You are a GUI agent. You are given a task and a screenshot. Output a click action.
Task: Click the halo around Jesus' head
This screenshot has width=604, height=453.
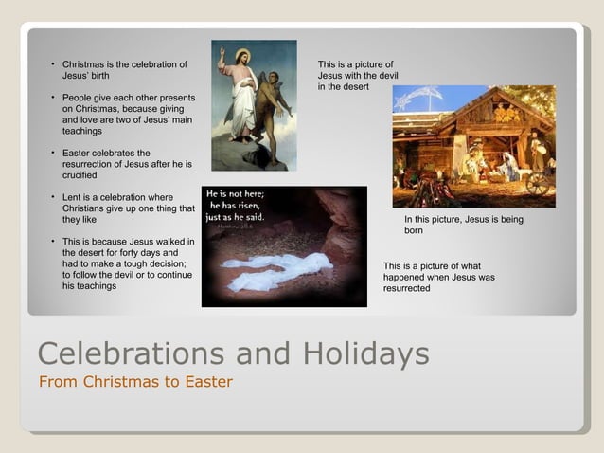coord(242,55)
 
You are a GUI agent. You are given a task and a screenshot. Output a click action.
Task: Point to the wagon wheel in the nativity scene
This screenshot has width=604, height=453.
coord(537,184)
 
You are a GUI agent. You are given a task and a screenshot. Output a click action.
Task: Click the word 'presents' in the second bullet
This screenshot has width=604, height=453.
coord(177,98)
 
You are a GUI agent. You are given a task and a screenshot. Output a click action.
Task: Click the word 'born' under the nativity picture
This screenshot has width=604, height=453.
coord(414,230)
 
